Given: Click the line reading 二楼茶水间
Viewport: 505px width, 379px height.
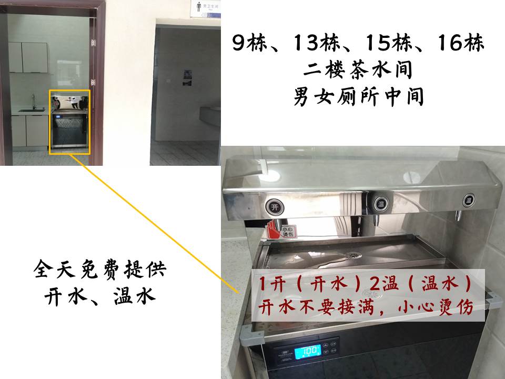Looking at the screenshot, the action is click(358, 70).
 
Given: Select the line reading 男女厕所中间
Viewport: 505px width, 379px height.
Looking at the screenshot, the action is click(358, 97).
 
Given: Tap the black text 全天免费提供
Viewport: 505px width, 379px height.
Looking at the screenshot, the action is click(100, 269).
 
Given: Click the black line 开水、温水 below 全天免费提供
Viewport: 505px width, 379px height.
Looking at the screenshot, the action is click(100, 296).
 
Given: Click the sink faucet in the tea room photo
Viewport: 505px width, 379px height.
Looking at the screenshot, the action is click(33, 102).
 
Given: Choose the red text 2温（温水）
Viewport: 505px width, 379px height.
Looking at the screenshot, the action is click(420, 284).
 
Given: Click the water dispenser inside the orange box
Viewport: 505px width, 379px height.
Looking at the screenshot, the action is click(69, 122).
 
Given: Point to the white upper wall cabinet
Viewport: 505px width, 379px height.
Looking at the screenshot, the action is click(28, 57).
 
